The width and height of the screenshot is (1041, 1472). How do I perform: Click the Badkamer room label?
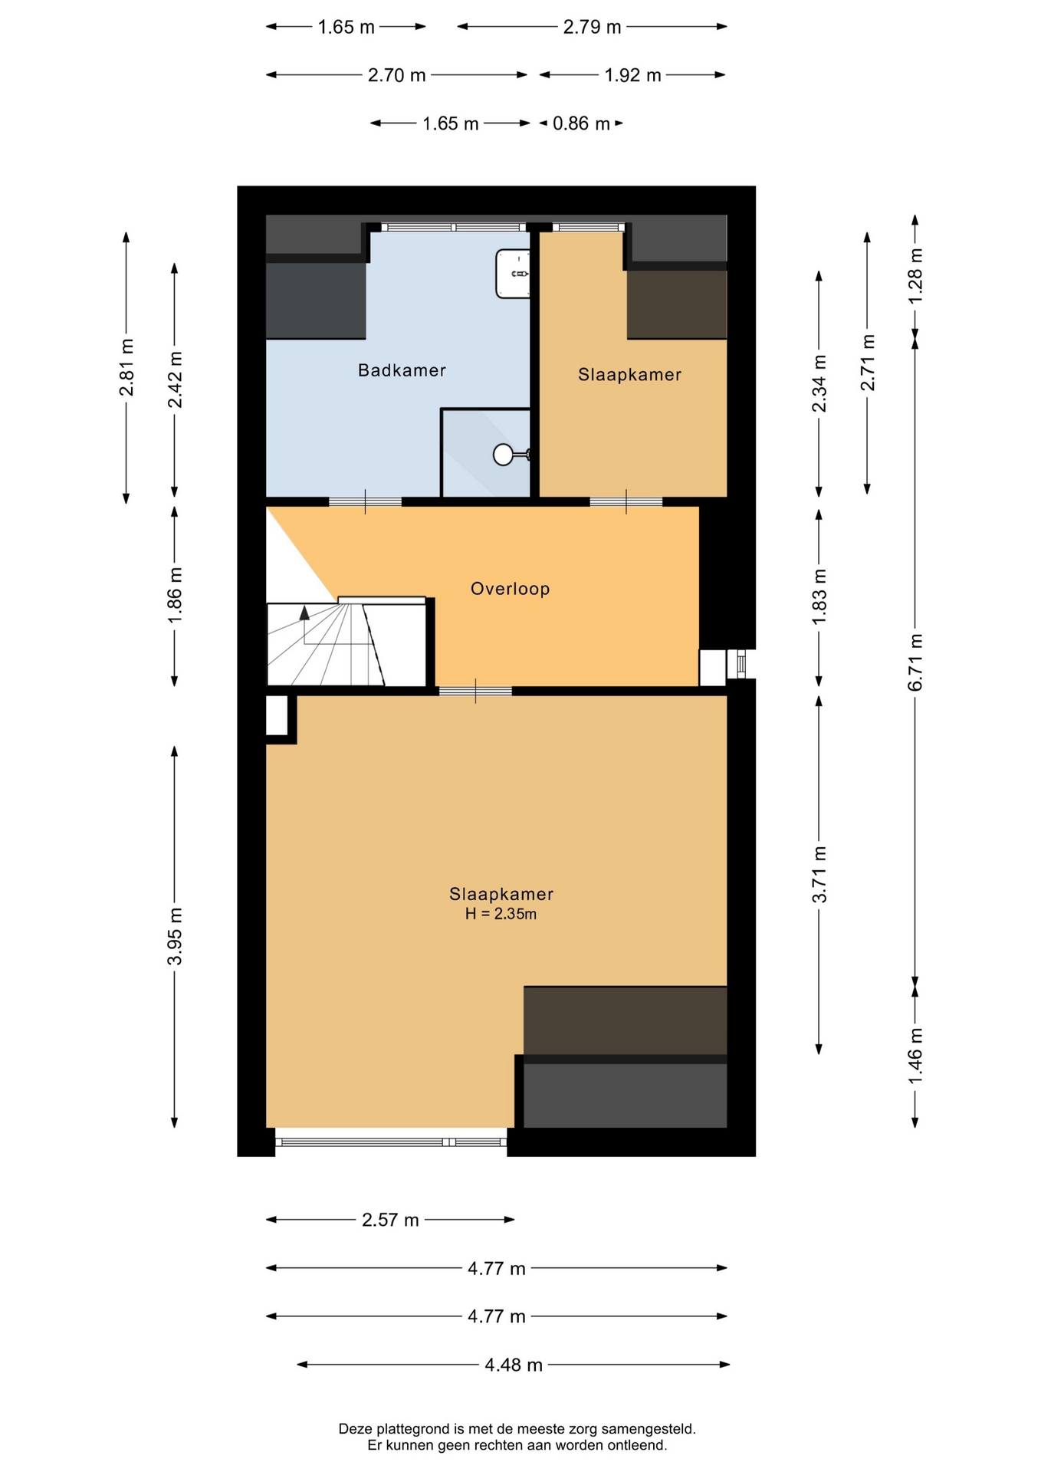pyautogui.click(x=402, y=370)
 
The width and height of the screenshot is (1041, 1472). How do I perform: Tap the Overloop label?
pyautogui.click(x=510, y=589)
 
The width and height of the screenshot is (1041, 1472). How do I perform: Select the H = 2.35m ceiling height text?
pyautogui.click(x=501, y=914)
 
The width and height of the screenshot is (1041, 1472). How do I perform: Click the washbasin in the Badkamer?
pyautogui.click(x=513, y=274)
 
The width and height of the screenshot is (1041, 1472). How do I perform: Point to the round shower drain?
pyautogui.click(x=503, y=455)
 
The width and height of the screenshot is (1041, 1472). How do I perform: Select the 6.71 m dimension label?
pyautogui.click(x=915, y=662)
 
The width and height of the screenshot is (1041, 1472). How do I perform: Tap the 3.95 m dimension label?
pyautogui.click(x=175, y=936)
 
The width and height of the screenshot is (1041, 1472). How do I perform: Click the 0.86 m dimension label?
pyautogui.click(x=581, y=123)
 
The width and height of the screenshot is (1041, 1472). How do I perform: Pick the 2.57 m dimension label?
pyautogui.click(x=390, y=1220)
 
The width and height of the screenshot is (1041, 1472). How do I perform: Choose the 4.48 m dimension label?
pyautogui.click(x=514, y=1365)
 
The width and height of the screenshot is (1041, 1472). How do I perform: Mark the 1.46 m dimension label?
pyautogui.click(x=915, y=1056)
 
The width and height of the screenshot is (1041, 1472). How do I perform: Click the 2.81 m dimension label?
pyautogui.click(x=126, y=367)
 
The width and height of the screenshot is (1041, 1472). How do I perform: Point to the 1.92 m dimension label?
pyautogui.click(x=632, y=75)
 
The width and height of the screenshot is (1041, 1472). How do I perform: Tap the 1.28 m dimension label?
pyautogui.click(x=915, y=275)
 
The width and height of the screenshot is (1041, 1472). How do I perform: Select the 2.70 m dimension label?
pyautogui.click(x=396, y=75)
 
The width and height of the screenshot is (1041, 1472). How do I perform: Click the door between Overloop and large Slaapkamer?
pyautogui.click(x=475, y=691)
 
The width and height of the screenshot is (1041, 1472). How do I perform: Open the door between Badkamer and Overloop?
pyautogui.click(x=365, y=502)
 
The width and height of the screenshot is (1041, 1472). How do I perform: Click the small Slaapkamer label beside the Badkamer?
pyautogui.click(x=629, y=375)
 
